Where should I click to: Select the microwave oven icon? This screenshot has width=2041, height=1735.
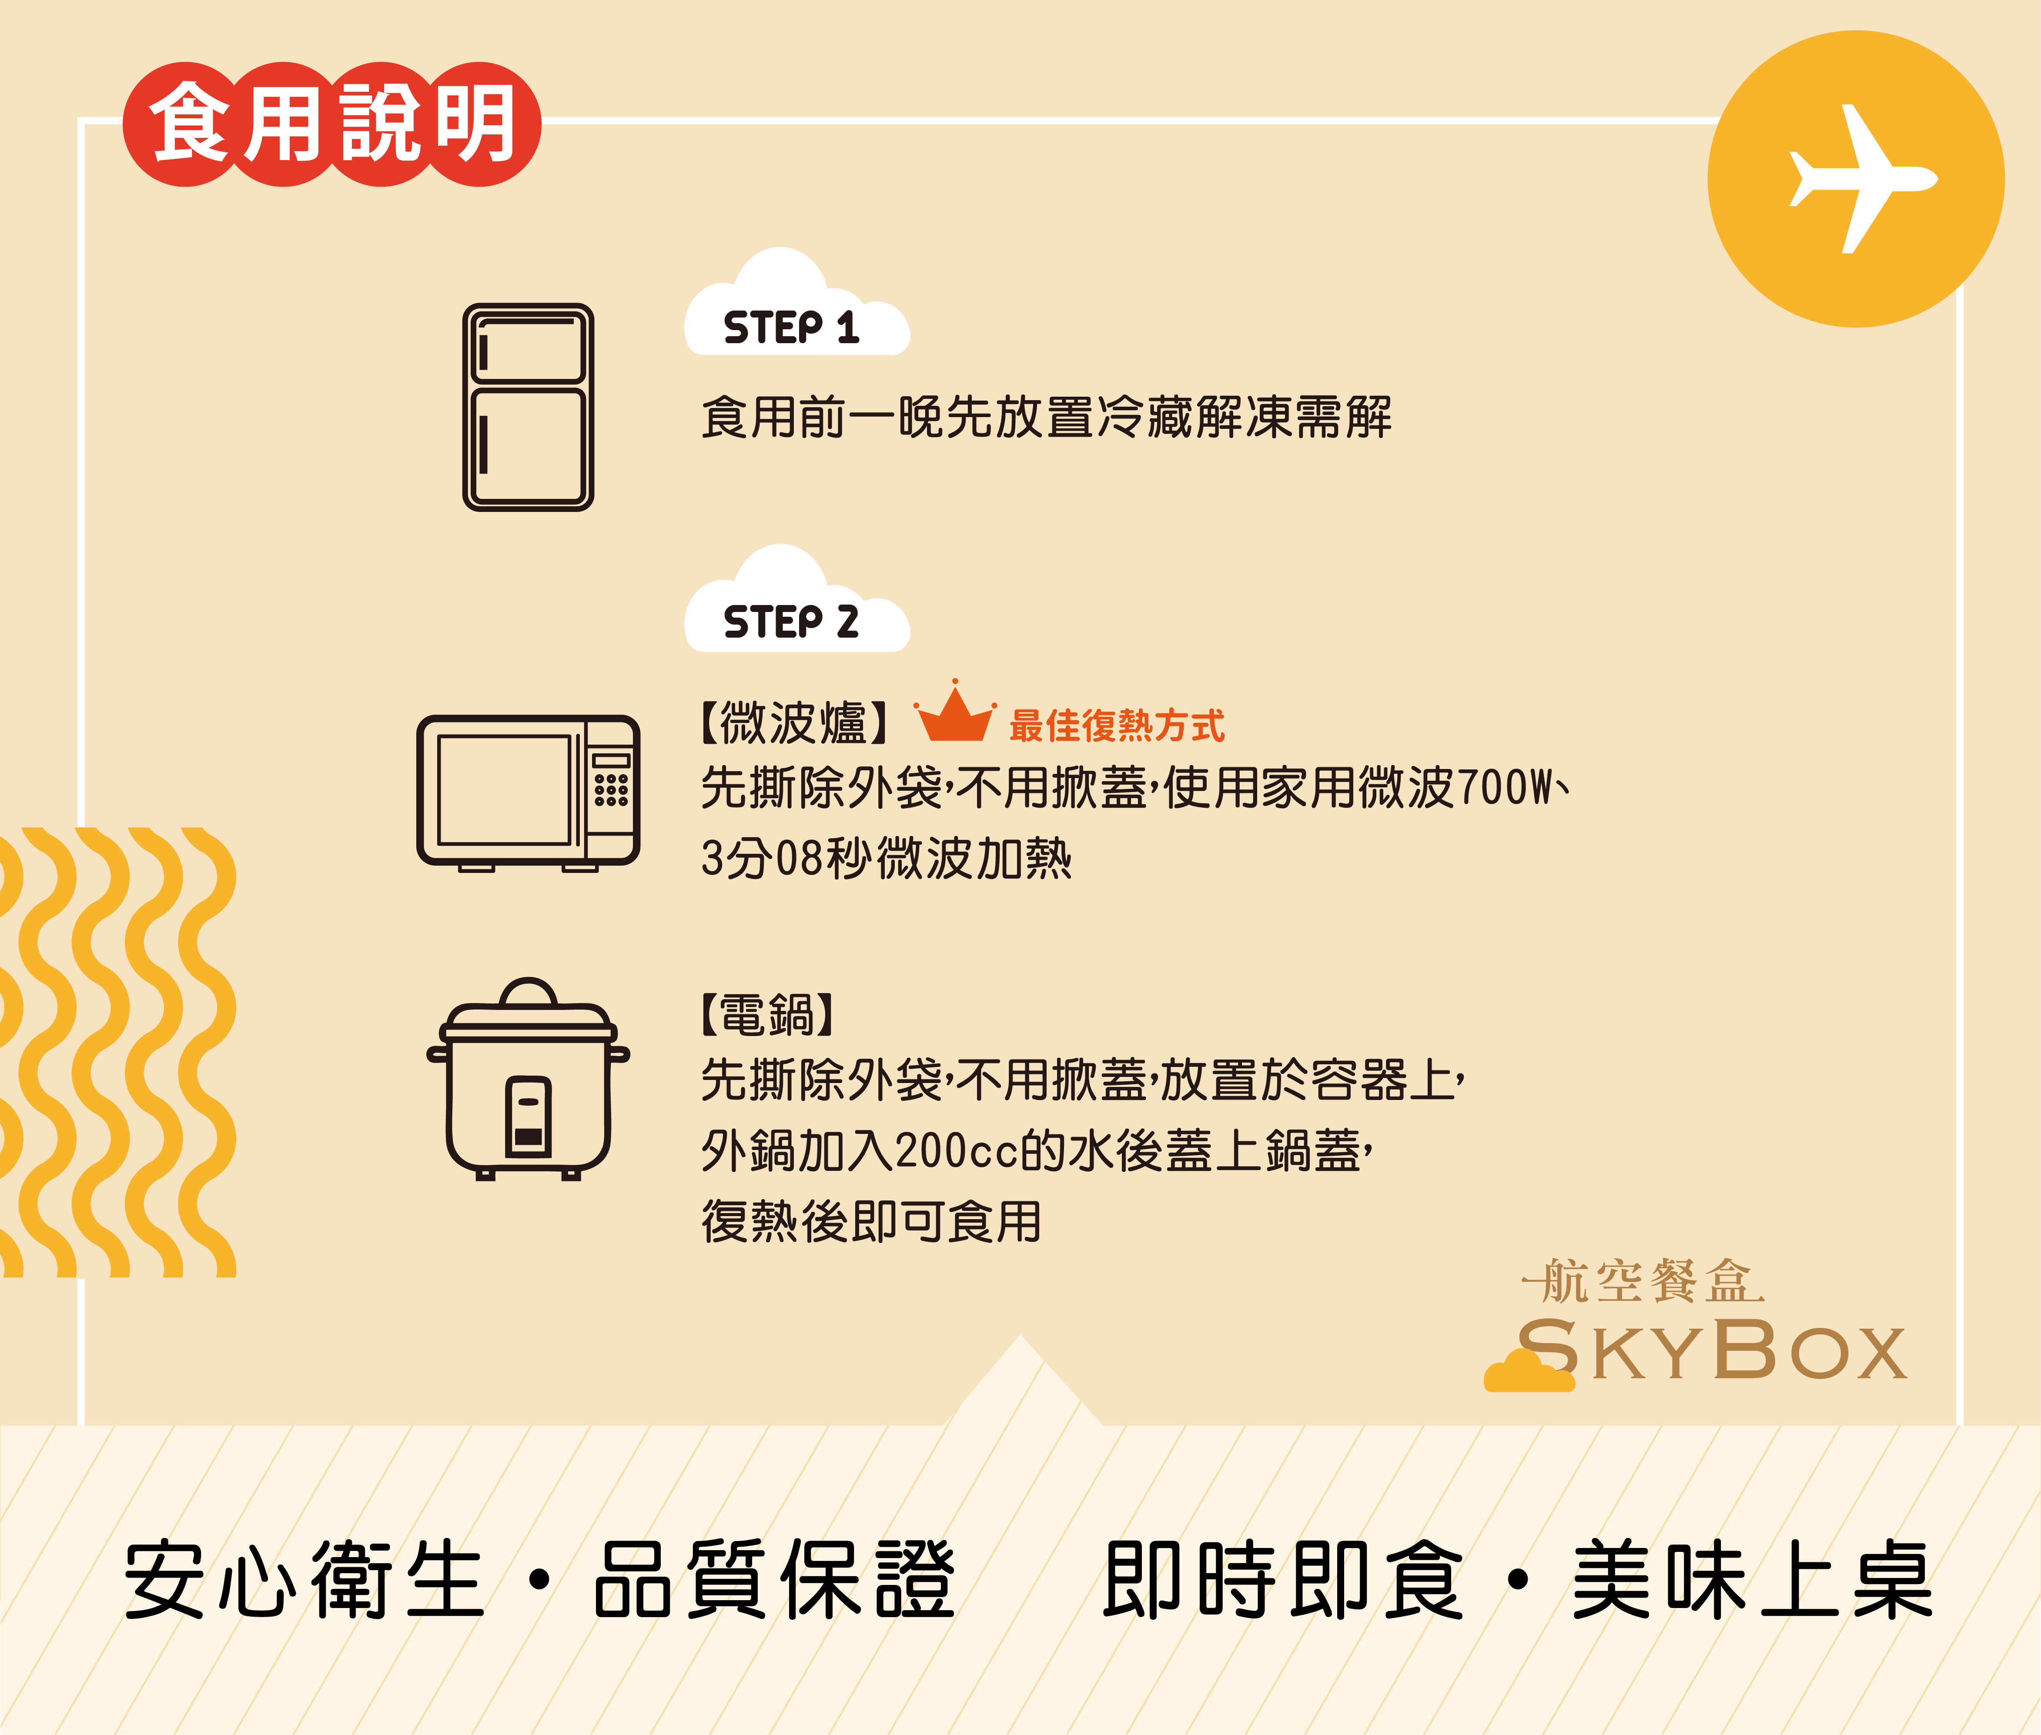click(528, 793)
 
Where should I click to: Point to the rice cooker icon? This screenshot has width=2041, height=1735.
click(528, 1079)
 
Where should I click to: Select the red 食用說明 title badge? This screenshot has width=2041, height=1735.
click(331, 124)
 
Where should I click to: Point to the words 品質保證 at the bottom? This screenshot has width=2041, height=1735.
click(774, 1581)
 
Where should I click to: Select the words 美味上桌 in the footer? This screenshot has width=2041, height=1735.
click(1753, 1581)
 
